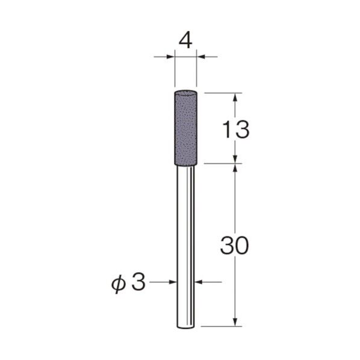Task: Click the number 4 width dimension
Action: tap(185, 41)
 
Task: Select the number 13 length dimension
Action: tap(234, 129)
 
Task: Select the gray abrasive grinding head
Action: tap(185, 126)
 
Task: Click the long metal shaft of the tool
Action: tap(185, 241)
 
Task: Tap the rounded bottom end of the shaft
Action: tap(185, 326)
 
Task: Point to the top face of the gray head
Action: tap(185, 93)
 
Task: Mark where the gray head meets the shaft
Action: tap(185, 163)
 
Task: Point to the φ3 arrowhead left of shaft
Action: tap(173, 282)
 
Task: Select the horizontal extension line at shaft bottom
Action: tap(220, 327)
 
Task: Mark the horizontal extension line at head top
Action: tap(220, 93)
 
